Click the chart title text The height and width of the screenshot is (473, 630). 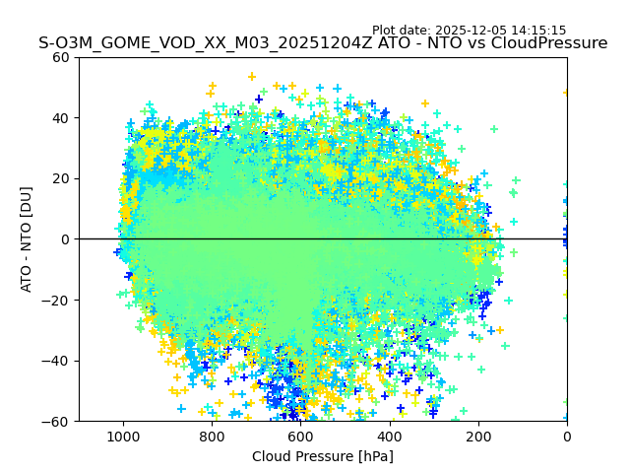coord(323,43)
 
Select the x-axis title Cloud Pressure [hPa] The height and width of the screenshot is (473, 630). coord(323,456)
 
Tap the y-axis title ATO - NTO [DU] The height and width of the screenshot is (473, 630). coord(27,239)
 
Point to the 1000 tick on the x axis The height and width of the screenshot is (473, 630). coord(123,435)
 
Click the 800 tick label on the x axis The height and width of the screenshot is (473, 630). coord(212,435)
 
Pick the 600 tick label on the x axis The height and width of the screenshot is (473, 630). coord(300,435)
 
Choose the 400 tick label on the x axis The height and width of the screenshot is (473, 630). coord(390,435)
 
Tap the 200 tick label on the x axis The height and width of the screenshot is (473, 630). coord(478,435)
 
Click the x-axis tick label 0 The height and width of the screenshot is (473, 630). coord(567,435)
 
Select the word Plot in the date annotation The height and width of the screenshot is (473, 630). coord(387,31)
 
